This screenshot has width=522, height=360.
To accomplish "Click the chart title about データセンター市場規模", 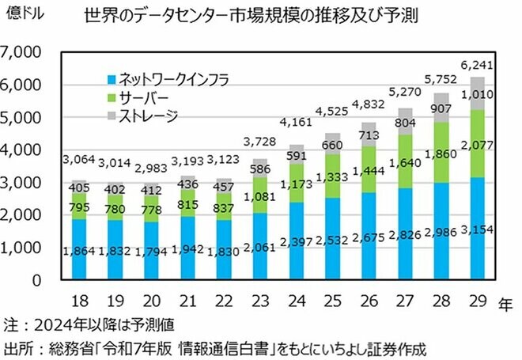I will tap(252, 15).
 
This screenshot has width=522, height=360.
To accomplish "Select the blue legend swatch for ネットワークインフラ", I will tap(113, 79).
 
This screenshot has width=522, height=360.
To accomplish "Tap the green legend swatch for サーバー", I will tap(113, 97).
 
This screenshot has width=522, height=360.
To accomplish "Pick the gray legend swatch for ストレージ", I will tap(113, 116).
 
